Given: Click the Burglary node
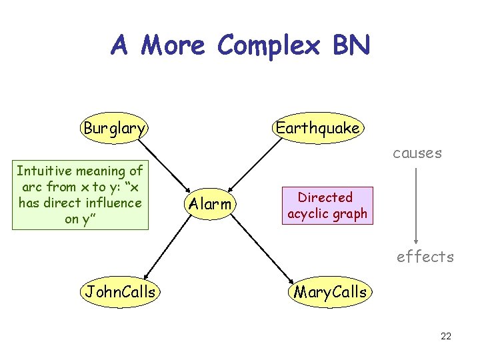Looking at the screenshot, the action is tap(114, 127).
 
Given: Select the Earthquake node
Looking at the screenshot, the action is tap(317, 127).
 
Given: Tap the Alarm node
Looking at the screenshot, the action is tap(210, 204).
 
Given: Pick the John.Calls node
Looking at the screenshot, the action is tap(120, 291).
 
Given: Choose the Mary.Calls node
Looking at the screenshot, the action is tap(330, 291).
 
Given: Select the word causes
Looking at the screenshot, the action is tap(417, 153).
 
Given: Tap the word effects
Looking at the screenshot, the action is tap(425, 257).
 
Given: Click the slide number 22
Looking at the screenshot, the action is tap(446, 336).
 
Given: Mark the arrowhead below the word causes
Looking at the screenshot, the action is tap(417, 242).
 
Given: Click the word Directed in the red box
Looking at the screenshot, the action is tap(325, 197).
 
